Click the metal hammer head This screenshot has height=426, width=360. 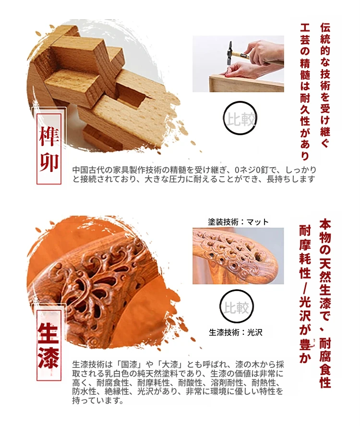coord(230,53)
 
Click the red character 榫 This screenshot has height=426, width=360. coord(49,136)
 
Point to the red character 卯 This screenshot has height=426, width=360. coord(49,162)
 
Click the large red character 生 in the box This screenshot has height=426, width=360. coord(48,332)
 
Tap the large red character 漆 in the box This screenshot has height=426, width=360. coord(48,358)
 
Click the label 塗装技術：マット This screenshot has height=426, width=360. coord(238,222)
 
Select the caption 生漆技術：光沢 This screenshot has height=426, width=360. coord(235,332)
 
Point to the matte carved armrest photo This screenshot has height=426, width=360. coord(238,256)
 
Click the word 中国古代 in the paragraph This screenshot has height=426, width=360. coord(88,170)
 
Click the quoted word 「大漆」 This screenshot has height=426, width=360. coord(170,364)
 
